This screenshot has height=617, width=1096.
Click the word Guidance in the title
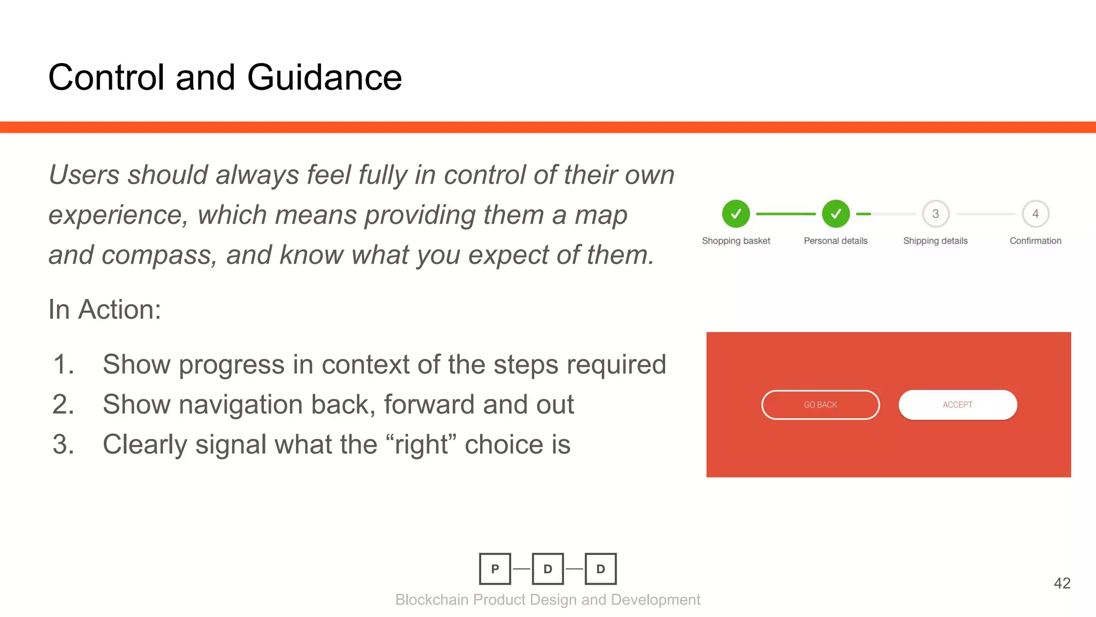tap(324, 78)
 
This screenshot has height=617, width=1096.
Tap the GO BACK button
tap(820, 405)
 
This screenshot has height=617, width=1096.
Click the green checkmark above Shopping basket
tap(736, 214)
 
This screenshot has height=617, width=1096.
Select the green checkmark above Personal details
tap(835, 214)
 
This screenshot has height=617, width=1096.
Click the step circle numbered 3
tap(935, 214)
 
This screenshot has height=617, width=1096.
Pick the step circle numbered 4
tap(1035, 214)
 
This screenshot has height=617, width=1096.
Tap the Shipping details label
tap(935, 241)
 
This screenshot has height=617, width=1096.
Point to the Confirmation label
tap(1035, 241)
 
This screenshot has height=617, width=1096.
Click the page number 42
tap(1062, 583)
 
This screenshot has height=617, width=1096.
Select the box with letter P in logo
tap(495, 569)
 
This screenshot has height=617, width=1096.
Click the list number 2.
tap(63, 404)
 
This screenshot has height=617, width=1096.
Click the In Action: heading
tap(105, 310)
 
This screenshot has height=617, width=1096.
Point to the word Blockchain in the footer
tap(432, 600)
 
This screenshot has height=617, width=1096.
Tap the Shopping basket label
tap(736, 241)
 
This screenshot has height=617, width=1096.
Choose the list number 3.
tap(63, 445)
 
